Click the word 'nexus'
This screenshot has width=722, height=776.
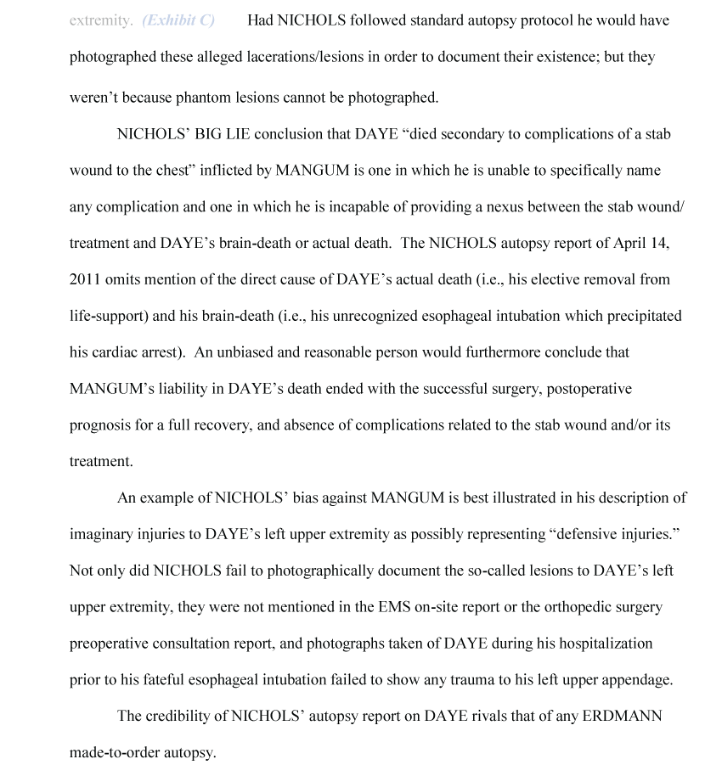[498, 206]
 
